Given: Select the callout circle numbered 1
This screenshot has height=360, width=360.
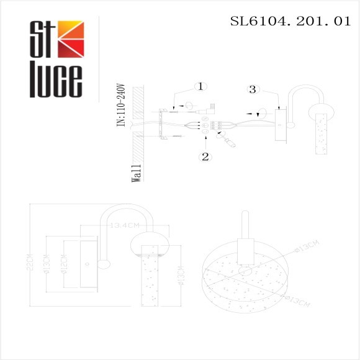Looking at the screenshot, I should [199, 86].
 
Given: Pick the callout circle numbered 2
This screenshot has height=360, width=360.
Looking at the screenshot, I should [205, 156].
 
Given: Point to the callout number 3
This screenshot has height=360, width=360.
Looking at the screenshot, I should [251, 89].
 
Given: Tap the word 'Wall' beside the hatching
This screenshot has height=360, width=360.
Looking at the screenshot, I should [137, 173].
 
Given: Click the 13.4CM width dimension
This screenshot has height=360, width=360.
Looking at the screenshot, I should [123, 226].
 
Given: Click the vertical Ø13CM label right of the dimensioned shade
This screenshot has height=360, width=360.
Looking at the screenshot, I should [179, 276].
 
